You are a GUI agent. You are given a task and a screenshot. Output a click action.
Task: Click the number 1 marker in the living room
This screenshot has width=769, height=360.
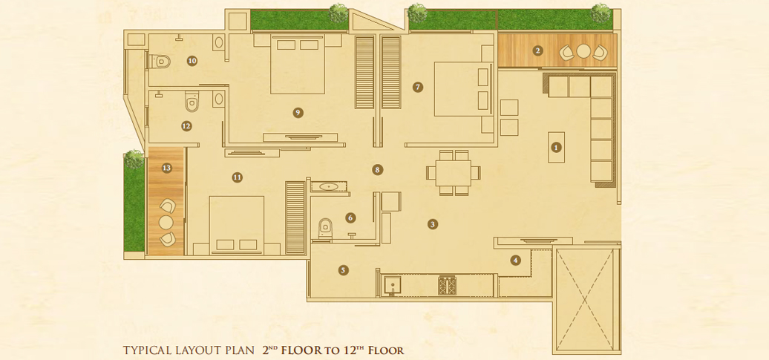point(556,147)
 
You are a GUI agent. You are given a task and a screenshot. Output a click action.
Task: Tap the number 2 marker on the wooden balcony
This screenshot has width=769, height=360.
point(538,50)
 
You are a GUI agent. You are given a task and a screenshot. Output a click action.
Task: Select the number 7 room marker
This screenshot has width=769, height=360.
point(417,88)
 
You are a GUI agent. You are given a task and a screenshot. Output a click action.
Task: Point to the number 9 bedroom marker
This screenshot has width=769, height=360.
point(298,112)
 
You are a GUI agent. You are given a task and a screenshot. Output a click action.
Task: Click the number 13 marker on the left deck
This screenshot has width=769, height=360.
point(167,168)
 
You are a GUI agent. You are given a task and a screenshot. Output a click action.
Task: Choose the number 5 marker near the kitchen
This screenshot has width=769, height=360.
point(343,269)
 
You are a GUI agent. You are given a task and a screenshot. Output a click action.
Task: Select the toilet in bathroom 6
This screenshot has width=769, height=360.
point(324,228)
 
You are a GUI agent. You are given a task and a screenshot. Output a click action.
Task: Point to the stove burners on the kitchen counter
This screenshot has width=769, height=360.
point(447,286)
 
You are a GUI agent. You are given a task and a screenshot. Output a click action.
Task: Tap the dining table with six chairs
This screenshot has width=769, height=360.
point(454,173)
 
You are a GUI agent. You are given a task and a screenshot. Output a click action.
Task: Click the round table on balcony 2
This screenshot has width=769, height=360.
point(583,51)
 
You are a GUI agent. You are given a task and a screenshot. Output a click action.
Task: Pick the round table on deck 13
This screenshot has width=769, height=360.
point(166,222)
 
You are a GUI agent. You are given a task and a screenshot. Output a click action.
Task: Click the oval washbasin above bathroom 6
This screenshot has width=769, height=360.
point(327,186)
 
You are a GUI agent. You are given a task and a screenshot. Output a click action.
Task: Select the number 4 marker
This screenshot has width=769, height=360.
point(515,260)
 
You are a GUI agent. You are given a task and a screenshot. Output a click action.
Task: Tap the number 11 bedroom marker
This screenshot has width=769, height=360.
point(238,177)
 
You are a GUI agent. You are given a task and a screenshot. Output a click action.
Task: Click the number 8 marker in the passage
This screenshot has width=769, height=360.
point(376,170)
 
